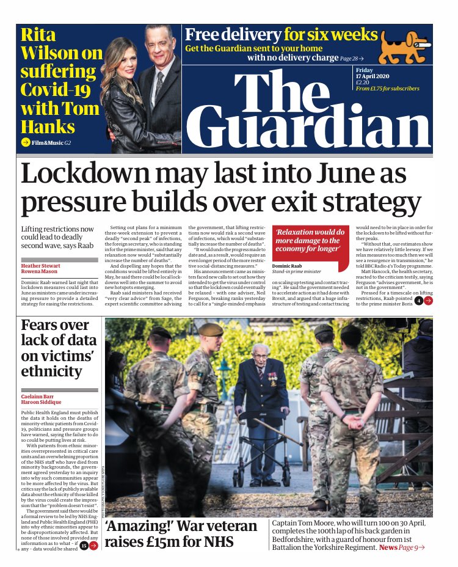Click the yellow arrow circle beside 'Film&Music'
[x=25, y=142]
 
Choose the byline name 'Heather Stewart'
[x=41, y=266]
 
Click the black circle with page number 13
[x=84, y=546]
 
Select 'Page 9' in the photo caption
[x=412, y=547]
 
